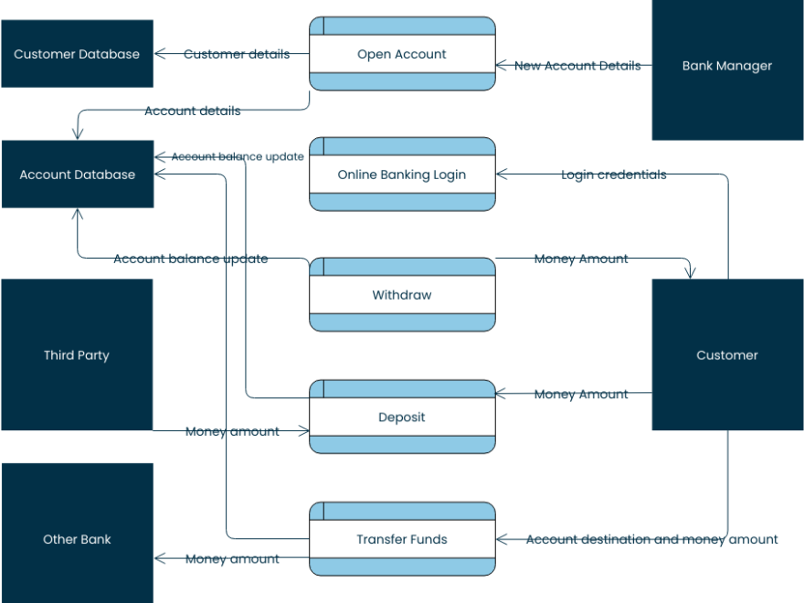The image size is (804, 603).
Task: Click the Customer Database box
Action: click(x=77, y=54)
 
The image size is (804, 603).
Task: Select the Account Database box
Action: click(x=77, y=175)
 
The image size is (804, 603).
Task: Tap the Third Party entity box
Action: click(x=77, y=354)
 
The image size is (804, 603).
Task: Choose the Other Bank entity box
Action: click(x=77, y=539)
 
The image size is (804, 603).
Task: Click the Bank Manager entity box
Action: click(x=727, y=66)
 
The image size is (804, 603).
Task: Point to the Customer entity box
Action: click(x=727, y=354)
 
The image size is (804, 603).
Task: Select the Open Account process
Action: click(x=402, y=54)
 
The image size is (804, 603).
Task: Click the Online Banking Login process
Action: click(x=402, y=175)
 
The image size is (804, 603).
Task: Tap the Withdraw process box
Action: click(x=402, y=295)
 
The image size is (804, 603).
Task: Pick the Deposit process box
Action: click(x=402, y=417)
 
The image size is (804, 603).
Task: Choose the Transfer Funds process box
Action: click(x=402, y=539)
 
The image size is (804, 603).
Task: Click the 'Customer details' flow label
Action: click(x=237, y=54)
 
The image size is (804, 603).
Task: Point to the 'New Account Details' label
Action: click(x=577, y=66)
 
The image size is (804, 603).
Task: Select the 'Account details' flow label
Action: click(x=193, y=111)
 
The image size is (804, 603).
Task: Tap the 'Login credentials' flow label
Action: click(x=613, y=175)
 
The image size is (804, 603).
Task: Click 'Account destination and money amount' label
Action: click(x=651, y=539)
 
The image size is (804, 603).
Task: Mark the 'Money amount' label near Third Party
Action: click(x=232, y=431)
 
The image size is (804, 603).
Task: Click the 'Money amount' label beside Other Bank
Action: click(x=232, y=558)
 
